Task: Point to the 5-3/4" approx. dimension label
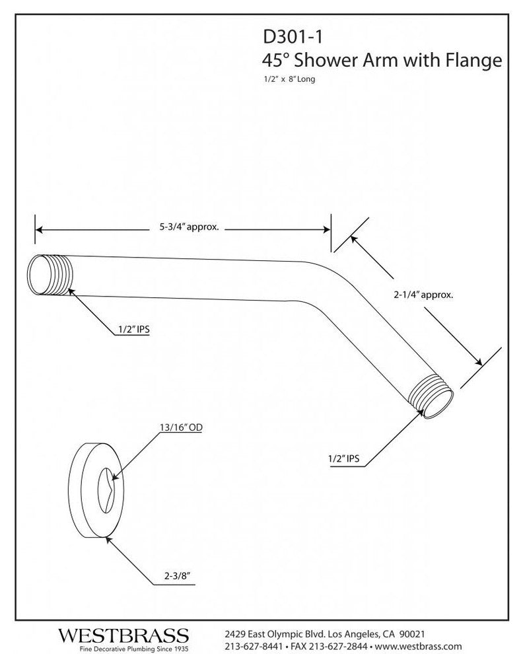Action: (x=189, y=227)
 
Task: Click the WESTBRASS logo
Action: (x=123, y=636)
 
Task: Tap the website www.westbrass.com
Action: (x=419, y=646)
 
